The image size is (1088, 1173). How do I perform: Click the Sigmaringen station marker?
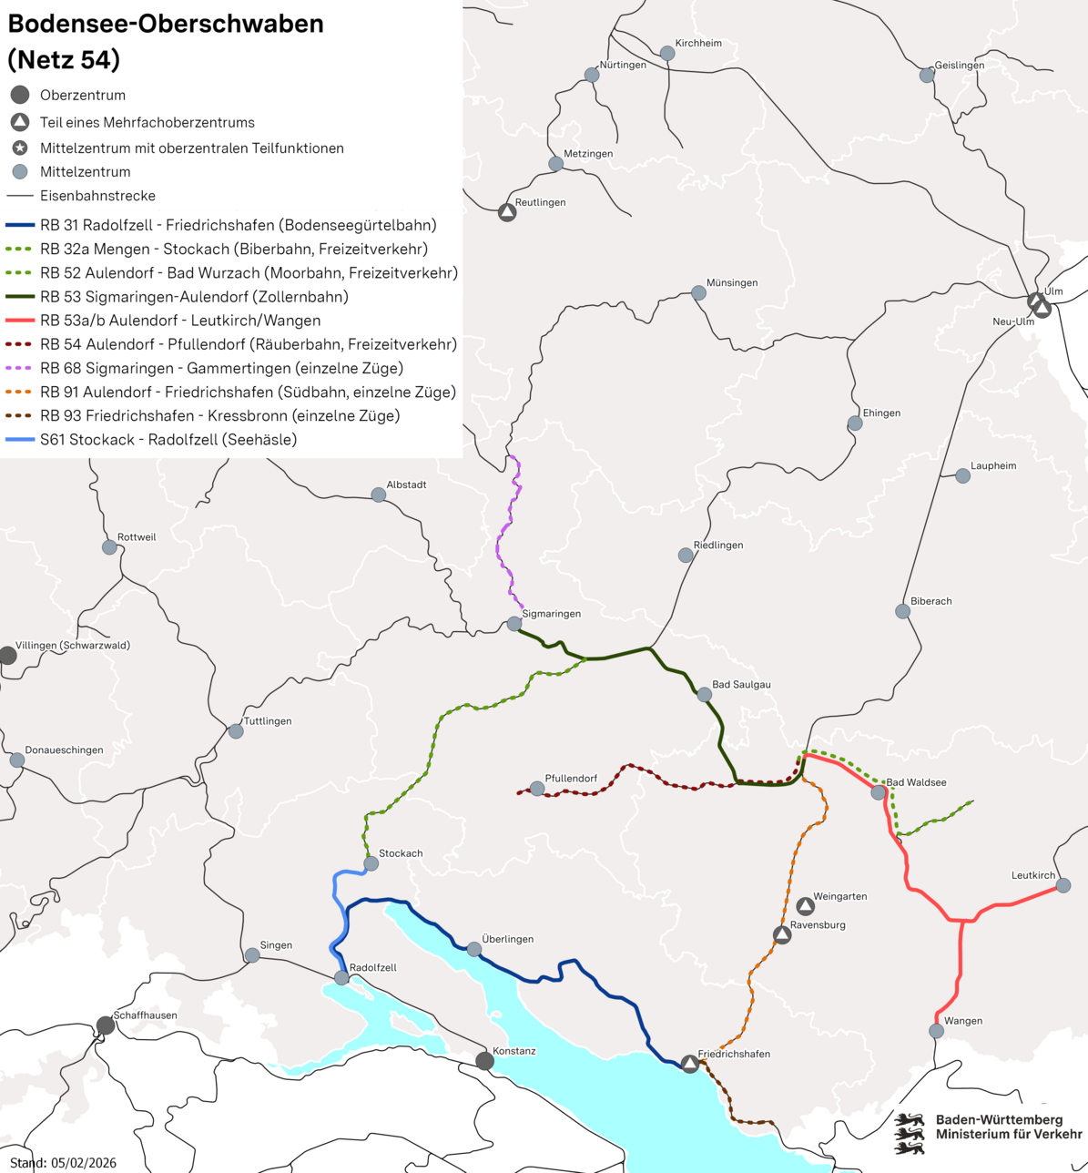coord(514,624)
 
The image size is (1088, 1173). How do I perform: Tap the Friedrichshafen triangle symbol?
coord(690,1064)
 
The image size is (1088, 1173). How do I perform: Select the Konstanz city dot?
coord(485,1061)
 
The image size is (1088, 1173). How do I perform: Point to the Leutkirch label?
coord(1033,875)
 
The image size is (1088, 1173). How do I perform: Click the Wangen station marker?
coord(936,1031)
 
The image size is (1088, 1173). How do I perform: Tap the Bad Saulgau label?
coord(741,685)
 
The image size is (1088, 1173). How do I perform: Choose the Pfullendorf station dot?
coord(537,789)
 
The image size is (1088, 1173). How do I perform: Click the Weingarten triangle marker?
coord(805,906)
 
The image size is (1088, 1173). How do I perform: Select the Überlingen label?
coord(507,939)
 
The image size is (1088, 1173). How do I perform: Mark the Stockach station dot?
coord(371,863)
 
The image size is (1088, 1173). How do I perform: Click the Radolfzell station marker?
coord(341,978)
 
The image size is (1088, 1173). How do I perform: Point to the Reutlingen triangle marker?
coord(507,212)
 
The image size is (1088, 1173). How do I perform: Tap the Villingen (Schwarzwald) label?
coord(73,646)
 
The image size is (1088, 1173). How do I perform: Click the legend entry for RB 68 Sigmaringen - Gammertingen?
coord(221,368)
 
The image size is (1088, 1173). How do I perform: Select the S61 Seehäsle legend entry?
coord(168,440)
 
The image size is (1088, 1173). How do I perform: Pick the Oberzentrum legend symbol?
coord(20,95)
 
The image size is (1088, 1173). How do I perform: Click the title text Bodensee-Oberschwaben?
coord(166,24)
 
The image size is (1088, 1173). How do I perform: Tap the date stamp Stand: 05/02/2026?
coord(64,1162)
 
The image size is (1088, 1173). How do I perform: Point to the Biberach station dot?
coord(902,611)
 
